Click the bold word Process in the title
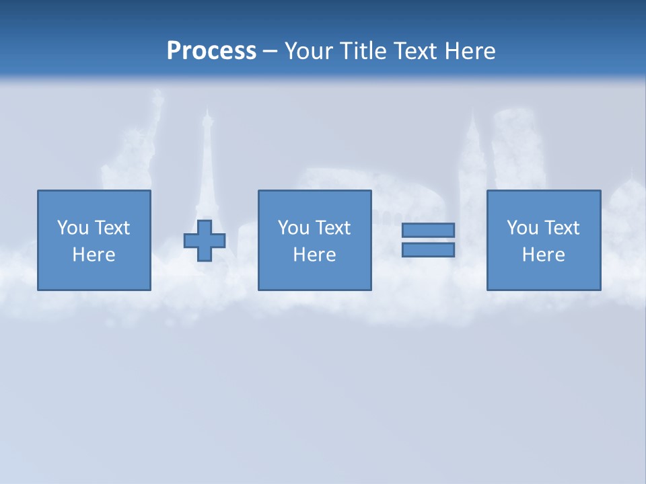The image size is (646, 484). point(211,51)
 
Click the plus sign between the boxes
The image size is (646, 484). point(205,240)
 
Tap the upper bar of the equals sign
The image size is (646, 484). point(428,230)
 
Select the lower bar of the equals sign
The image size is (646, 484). point(428,250)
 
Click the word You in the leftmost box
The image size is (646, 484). point(72,228)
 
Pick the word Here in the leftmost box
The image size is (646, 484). point(94,255)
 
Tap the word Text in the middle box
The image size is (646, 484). point(332,228)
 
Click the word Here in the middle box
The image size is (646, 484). point(315,255)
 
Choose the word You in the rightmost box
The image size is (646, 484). point(522,228)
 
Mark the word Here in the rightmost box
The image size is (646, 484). point(544,255)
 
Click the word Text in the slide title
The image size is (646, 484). point(415,51)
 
